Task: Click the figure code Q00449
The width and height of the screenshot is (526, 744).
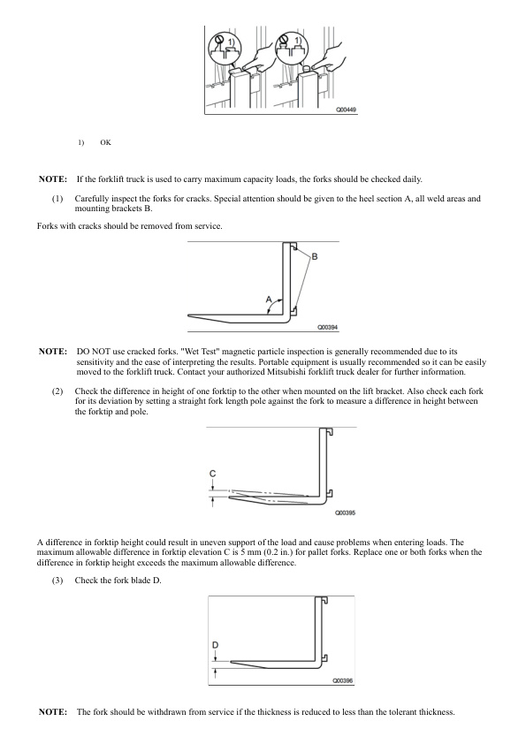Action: tap(346, 110)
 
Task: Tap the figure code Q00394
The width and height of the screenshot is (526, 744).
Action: tap(328, 328)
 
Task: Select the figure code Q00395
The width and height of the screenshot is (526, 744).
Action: tap(345, 512)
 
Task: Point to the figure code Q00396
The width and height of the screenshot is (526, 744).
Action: tap(343, 680)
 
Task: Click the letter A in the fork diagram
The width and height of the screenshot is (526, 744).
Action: tap(269, 300)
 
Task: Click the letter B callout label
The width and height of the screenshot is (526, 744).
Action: tap(314, 257)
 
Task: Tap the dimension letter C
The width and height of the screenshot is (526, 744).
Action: tap(213, 474)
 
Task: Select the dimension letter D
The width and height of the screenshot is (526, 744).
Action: tap(215, 645)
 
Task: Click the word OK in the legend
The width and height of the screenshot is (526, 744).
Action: tap(105, 142)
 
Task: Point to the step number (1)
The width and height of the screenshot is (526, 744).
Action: tap(57, 199)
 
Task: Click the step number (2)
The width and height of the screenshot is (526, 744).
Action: tap(57, 391)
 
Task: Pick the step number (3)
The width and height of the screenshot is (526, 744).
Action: tap(57, 581)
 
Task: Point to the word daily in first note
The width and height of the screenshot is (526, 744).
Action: tap(412, 179)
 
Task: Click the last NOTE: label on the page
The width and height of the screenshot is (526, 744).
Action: tap(53, 711)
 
